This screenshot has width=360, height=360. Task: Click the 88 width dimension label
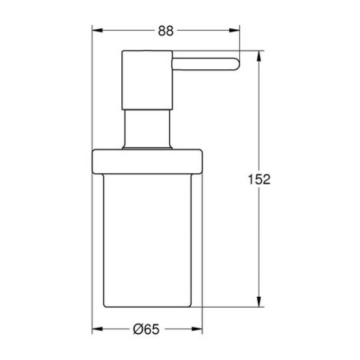(x=166, y=31)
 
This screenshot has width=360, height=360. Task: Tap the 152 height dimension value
(x=258, y=179)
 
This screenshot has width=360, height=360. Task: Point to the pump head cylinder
(x=147, y=80)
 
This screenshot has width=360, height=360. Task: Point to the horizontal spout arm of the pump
(x=203, y=64)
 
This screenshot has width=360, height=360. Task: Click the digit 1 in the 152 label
(x=250, y=179)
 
